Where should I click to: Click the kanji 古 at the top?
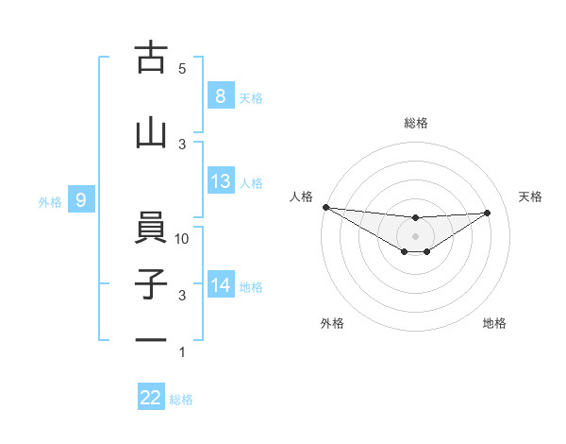(151, 59)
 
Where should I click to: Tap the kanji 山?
(151, 134)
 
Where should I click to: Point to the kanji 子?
(151, 285)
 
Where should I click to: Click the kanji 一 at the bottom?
(151, 341)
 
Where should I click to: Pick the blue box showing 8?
(221, 96)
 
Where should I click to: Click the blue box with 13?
(221, 181)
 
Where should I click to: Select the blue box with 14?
(221, 285)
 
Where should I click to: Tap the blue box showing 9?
(81, 200)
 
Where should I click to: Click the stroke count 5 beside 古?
(182, 69)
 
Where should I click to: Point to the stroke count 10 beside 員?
(183, 239)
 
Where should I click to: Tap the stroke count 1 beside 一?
(182, 352)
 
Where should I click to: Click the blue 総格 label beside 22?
(181, 400)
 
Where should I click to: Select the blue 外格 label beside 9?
(50, 201)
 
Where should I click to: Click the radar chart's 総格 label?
(415, 123)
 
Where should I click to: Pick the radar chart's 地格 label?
(494, 324)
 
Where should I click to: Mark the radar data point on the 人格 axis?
(325, 207)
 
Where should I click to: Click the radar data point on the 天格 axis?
(488, 213)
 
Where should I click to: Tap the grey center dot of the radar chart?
(415, 235)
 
